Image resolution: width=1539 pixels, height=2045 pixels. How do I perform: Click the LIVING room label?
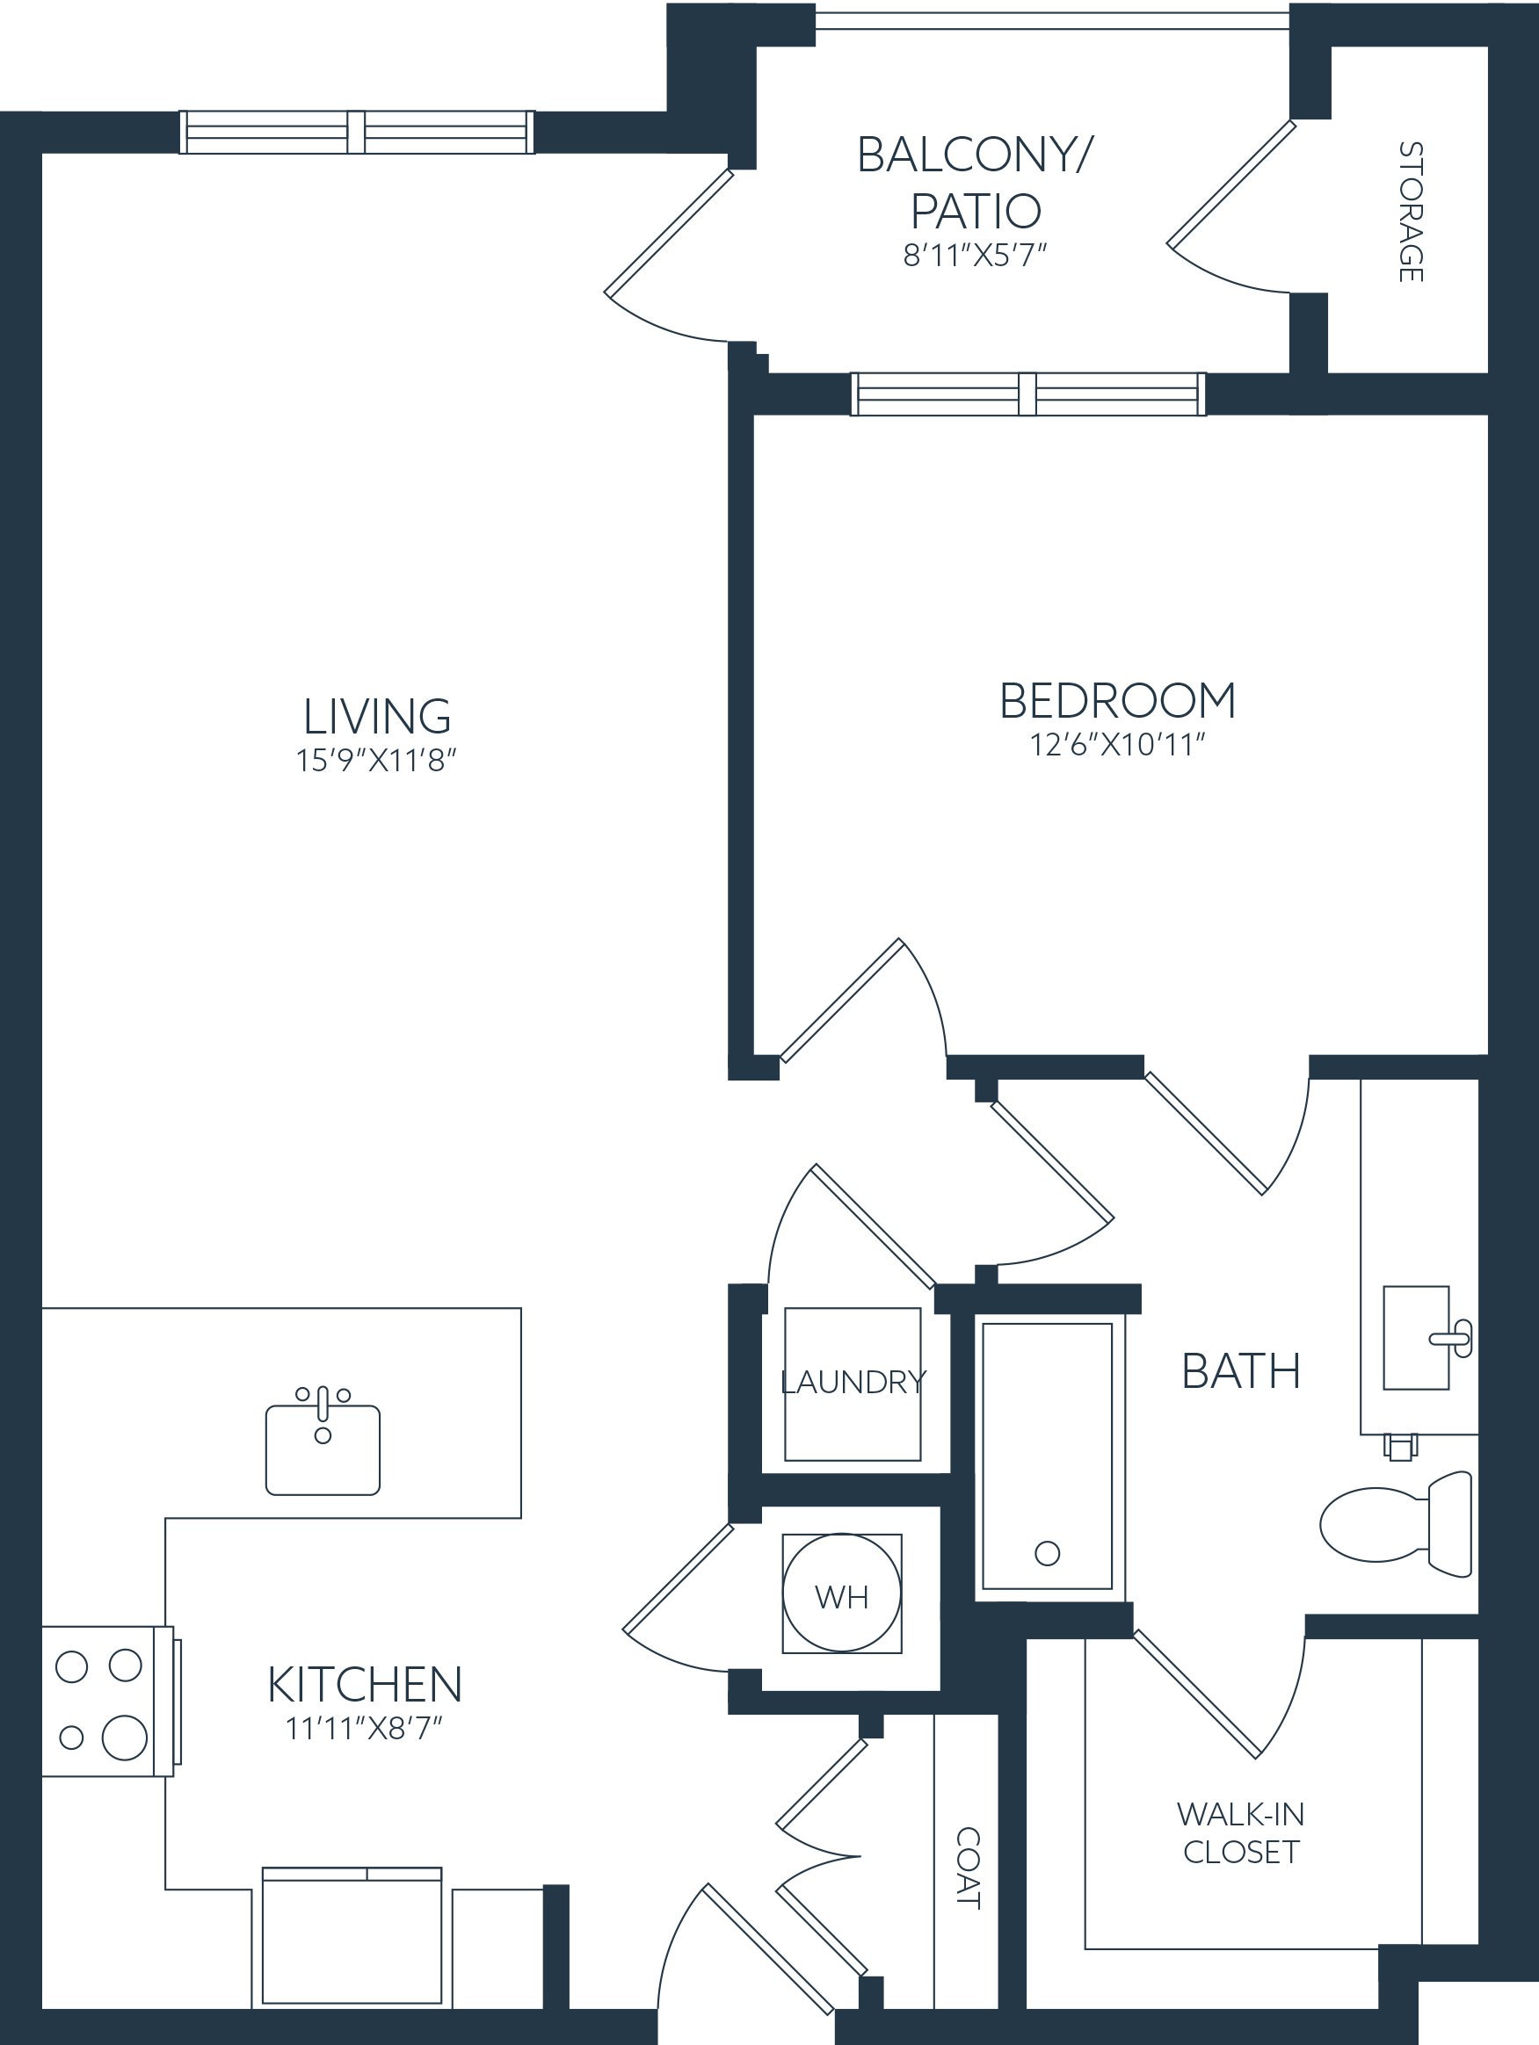click(x=377, y=717)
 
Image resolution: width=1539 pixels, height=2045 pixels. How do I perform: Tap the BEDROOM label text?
click(x=1117, y=701)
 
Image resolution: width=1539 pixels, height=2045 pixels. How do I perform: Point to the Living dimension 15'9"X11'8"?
click(x=376, y=760)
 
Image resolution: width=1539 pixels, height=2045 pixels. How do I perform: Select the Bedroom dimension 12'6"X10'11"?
click(x=1117, y=744)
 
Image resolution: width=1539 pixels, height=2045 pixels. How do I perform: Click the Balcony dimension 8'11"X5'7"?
click(x=975, y=254)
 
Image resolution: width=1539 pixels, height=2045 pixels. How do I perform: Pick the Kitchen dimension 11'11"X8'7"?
click(x=365, y=1728)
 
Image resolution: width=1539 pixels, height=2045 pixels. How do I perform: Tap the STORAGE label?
click(x=1411, y=212)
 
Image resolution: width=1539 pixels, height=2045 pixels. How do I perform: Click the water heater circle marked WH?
click(x=842, y=1593)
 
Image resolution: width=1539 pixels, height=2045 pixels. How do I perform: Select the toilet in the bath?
click(x=1396, y=1523)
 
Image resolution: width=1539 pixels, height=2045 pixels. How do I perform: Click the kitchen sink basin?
click(x=323, y=1449)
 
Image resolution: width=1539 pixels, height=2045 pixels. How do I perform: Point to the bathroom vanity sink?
click(x=1416, y=1338)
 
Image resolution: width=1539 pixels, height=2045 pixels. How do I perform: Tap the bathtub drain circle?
click(x=1047, y=1553)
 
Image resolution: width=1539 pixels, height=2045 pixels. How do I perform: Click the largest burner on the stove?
click(x=125, y=1738)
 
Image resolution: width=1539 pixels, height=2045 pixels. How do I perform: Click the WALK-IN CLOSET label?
click(x=1240, y=1832)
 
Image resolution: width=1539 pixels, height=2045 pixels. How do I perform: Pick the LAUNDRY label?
click(x=853, y=1382)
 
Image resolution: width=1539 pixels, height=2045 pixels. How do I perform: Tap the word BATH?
click(x=1241, y=1371)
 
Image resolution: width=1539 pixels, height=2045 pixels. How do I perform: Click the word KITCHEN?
click(x=365, y=1685)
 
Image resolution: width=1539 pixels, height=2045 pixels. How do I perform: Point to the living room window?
click(x=357, y=132)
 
